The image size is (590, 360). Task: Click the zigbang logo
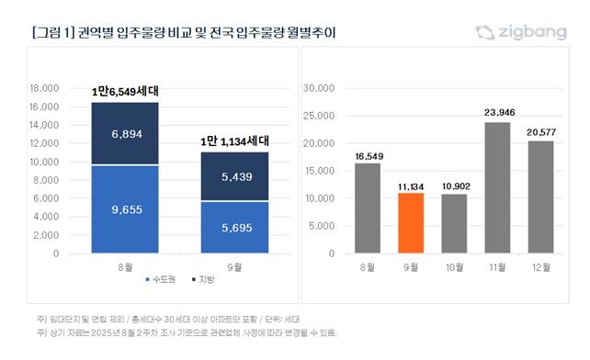[520, 33]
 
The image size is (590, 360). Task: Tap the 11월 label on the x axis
[497, 267]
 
